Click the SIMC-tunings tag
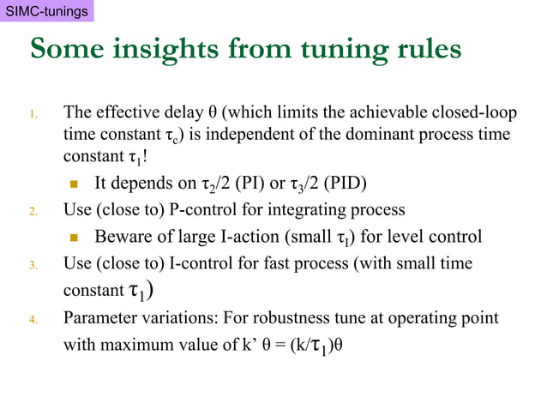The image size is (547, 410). click(46, 11)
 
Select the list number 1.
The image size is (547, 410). click(33, 114)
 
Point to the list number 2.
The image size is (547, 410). click(33, 210)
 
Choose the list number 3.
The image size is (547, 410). click(33, 265)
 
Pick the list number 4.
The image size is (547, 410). click(33, 320)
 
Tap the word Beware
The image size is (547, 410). click(122, 237)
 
